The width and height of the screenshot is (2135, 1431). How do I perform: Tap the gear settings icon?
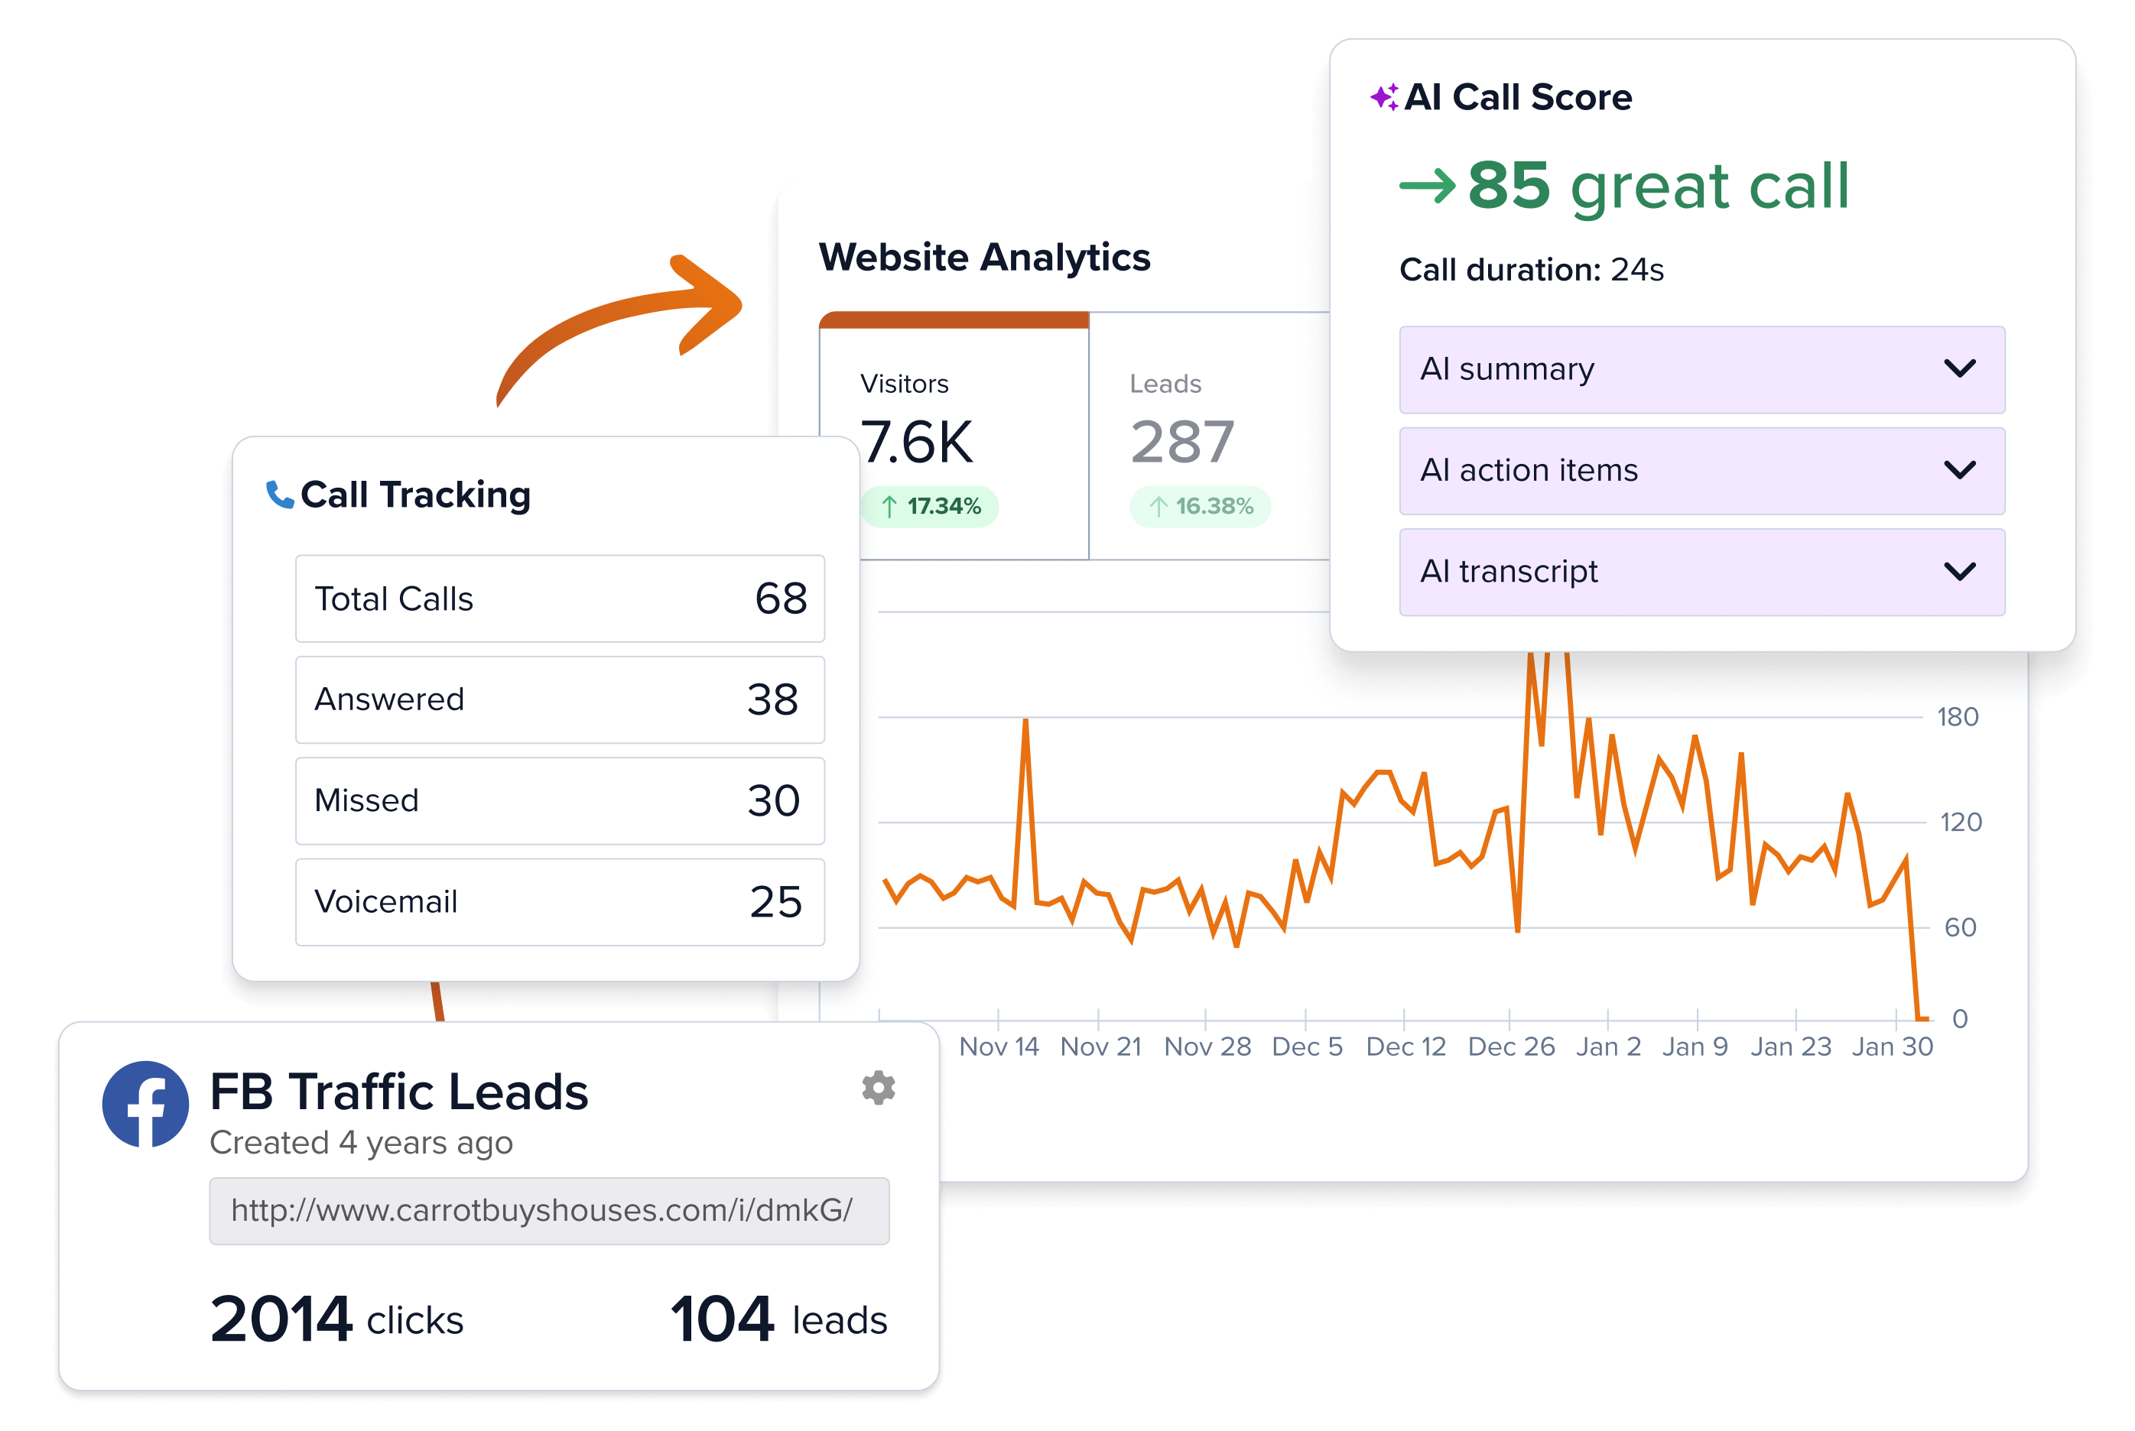click(878, 1087)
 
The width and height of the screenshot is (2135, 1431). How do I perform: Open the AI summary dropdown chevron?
click(1959, 368)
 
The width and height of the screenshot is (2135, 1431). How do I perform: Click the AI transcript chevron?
click(1959, 571)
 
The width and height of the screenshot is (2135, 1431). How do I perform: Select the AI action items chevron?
click(1959, 470)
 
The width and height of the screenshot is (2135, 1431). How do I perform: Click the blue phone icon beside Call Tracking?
click(279, 495)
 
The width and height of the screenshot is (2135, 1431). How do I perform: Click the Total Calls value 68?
click(781, 599)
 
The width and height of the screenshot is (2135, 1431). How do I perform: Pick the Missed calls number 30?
click(773, 800)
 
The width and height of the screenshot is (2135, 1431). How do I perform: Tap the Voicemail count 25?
click(775, 902)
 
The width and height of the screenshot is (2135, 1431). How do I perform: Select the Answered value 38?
click(772, 700)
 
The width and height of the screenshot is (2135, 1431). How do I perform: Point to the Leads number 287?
click(1182, 443)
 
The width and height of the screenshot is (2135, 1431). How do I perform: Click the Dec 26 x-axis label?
click(1511, 1046)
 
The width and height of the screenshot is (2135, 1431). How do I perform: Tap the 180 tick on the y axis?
click(1957, 717)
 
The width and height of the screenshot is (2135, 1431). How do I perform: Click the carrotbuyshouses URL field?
click(548, 1210)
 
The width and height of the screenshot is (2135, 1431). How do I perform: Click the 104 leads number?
click(722, 1319)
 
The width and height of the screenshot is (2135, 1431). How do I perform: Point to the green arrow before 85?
click(1427, 187)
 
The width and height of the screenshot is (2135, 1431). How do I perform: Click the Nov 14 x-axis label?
click(999, 1046)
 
